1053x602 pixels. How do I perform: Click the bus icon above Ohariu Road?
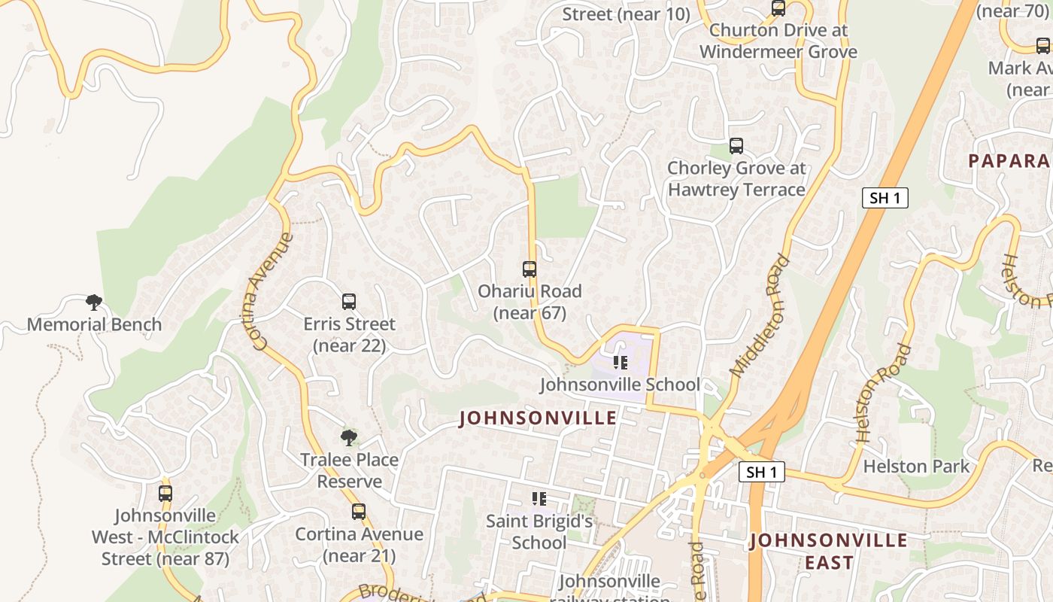coord(530,269)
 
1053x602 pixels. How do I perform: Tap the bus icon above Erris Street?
coord(349,302)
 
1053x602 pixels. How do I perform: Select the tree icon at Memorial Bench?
coord(94,303)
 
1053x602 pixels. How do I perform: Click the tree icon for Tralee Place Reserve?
coord(348,437)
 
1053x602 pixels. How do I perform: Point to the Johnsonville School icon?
coord(621,363)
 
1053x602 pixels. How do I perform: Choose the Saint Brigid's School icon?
coord(539,498)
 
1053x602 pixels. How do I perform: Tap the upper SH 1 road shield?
coord(885,198)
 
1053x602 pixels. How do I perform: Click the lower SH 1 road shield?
coord(762,472)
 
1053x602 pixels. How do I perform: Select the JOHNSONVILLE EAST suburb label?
coord(829,551)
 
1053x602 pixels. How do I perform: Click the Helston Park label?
coord(916,466)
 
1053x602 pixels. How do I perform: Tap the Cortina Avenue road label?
coord(272,291)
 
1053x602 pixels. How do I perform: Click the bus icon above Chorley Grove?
coord(736,146)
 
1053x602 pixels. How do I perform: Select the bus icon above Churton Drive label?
coord(778,8)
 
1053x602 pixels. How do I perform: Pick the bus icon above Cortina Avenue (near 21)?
coord(359,512)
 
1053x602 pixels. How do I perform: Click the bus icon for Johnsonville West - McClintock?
coord(165,494)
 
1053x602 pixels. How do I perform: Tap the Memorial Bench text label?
coord(94,324)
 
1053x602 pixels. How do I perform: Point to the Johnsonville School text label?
coord(620,385)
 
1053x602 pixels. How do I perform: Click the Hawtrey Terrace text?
coord(736,190)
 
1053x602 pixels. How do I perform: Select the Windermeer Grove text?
coord(778,52)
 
